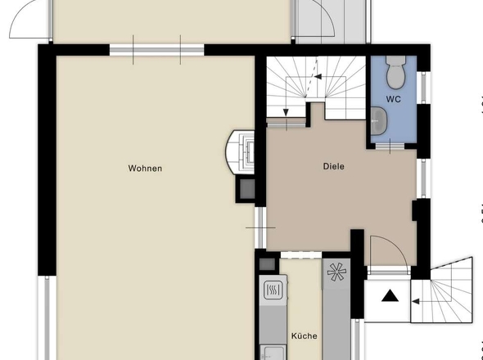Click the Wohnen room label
pos(145,169)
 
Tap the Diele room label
pos(334,167)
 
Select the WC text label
pos(394,99)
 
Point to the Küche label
pos(305,335)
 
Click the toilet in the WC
pos(395,72)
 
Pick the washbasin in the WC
pos(378,121)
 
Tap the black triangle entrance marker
pos(390,295)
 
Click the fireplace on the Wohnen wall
pos(241,152)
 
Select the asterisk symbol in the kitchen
pos(336,272)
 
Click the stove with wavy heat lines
pos(273,290)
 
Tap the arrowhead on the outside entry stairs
pos(416,301)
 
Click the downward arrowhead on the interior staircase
pos(286,112)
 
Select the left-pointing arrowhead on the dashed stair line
pos(318,76)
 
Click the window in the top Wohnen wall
pos(157,50)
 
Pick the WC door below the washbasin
pos(390,146)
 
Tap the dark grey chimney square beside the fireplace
pos(247,189)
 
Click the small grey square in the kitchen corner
pos(267,264)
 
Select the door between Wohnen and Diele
pos(260,228)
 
